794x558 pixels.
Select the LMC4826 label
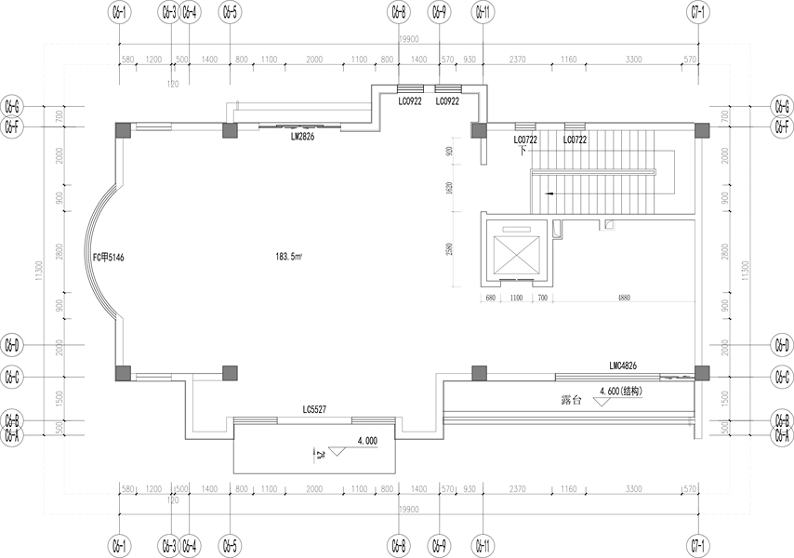[x=623, y=366]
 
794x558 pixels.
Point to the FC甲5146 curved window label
[x=110, y=258]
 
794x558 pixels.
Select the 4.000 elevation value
[x=366, y=442]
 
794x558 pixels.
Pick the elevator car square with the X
[x=517, y=252]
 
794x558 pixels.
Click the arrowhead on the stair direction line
[x=550, y=193]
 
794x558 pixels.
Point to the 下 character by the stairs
[x=523, y=151]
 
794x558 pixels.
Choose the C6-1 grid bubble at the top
[x=120, y=13]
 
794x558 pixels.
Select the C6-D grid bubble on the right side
[x=782, y=345]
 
